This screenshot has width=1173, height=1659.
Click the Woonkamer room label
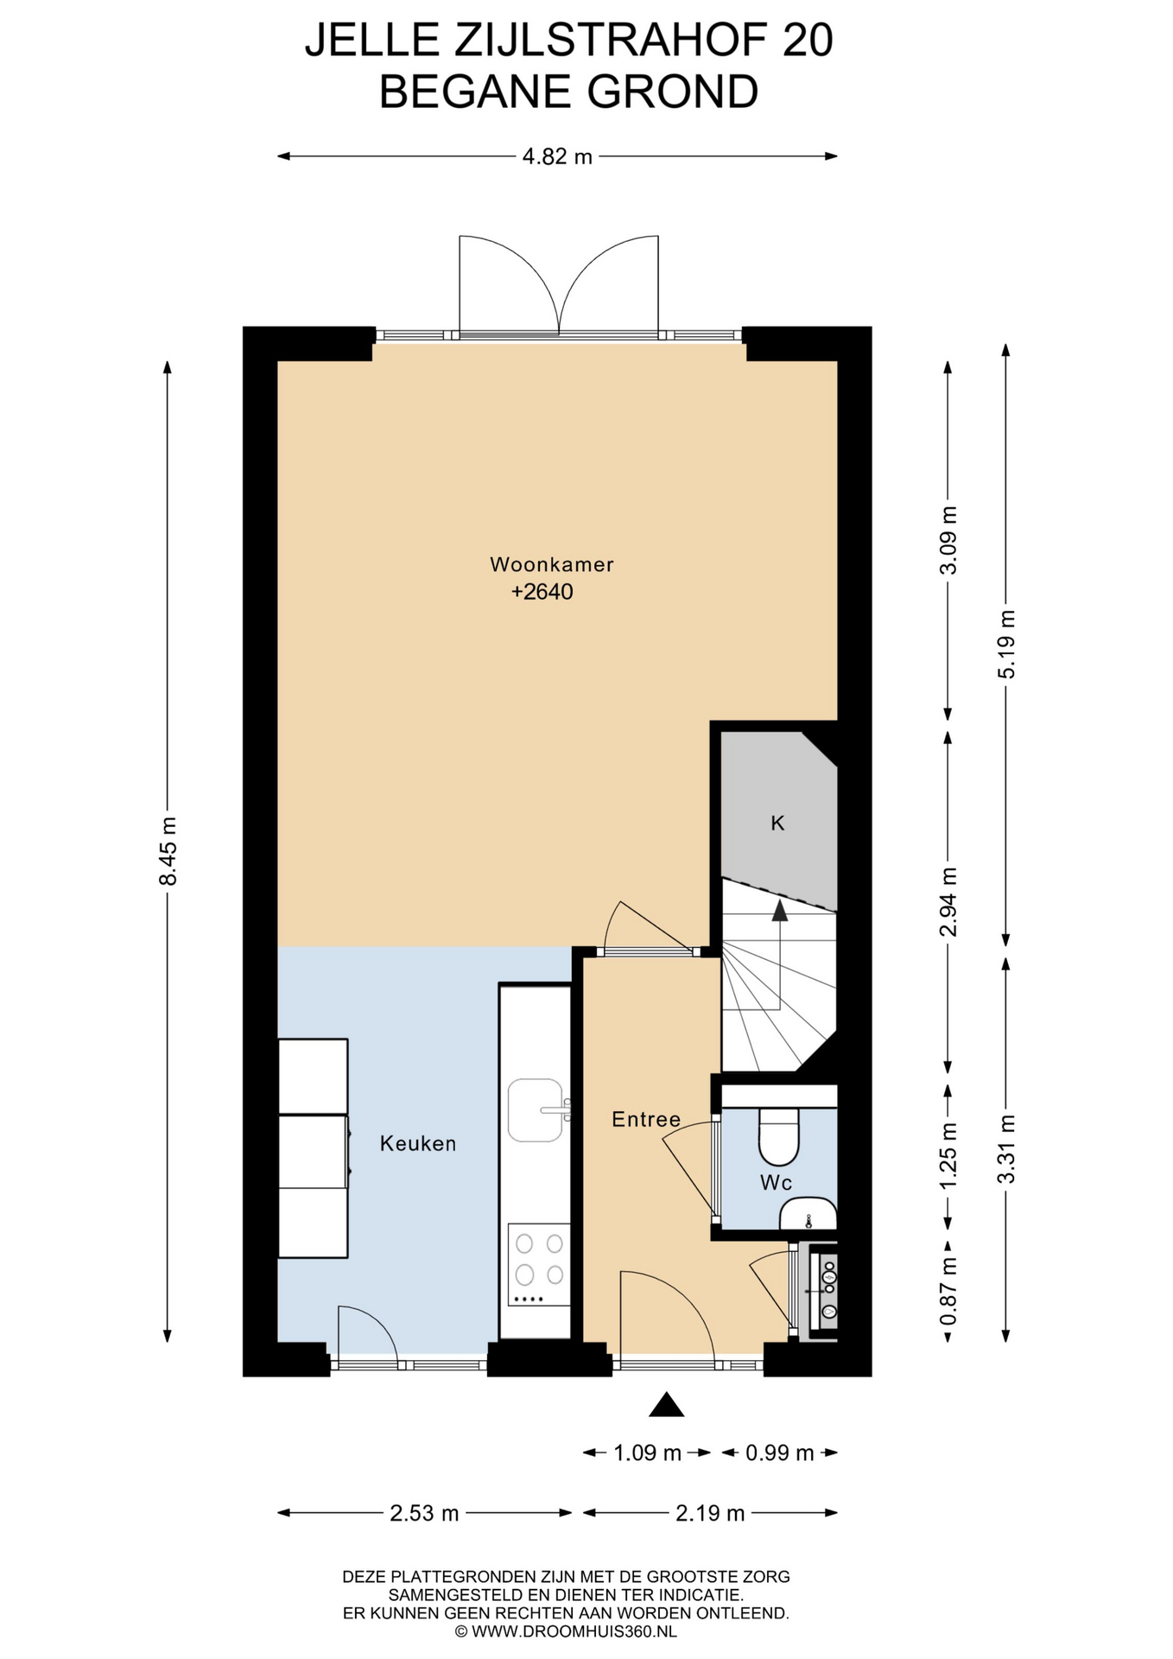tap(551, 564)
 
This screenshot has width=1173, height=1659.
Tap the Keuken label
tap(418, 1143)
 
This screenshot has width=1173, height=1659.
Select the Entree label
tap(646, 1119)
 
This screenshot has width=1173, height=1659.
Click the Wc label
tap(776, 1182)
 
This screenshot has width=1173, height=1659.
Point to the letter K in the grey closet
tap(777, 823)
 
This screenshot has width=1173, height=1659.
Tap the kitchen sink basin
tap(536, 1109)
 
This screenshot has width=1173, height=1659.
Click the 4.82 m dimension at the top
tap(557, 156)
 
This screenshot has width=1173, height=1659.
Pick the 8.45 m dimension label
tap(168, 851)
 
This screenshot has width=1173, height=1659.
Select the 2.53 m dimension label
tap(424, 1513)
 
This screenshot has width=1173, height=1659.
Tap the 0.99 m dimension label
tap(779, 1452)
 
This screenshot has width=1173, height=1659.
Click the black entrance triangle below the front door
tap(666, 1405)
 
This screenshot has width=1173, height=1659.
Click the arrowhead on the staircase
tap(779, 909)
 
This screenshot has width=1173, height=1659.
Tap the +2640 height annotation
tap(542, 592)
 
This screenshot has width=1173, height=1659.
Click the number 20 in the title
tap(808, 41)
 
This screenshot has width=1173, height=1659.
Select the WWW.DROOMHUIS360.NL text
tap(574, 1631)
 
